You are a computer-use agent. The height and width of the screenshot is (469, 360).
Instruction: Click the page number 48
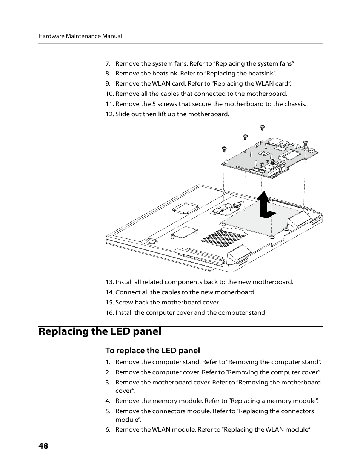pyautogui.click(x=43, y=446)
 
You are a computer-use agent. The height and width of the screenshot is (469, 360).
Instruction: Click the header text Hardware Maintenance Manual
pyautogui.click(x=80, y=36)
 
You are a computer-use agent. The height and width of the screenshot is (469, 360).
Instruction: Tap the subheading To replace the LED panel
pyautogui.click(x=152, y=351)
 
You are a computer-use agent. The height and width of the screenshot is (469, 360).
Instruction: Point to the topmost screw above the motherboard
pyautogui.click(x=262, y=127)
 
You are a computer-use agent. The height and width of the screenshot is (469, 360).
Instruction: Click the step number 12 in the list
pyautogui.click(x=109, y=114)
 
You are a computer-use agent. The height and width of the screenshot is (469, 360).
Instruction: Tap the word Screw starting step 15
pyautogui.click(x=124, y=303)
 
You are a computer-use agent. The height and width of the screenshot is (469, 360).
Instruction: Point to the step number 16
pyautogui.click(x=109, y=313)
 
